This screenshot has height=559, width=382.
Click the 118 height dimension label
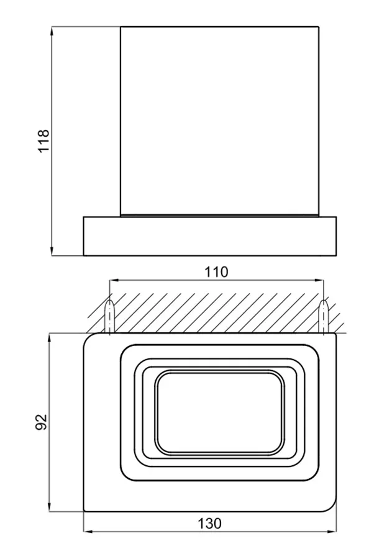(43, 141)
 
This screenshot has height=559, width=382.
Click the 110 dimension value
(216, 272)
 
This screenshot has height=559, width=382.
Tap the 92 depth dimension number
(42, 422)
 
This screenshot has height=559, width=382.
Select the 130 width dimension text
(210, 524)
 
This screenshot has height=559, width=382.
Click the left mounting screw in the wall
(109, 316)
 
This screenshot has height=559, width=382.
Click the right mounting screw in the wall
(324, 316)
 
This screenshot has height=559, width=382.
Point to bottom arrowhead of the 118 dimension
(52, 251)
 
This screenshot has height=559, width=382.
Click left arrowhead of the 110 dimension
(114, 281)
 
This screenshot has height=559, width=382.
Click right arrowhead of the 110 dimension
(319, 281)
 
